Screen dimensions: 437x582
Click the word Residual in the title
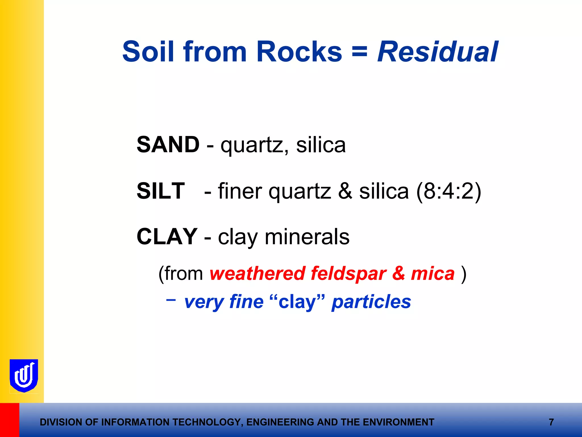[x=438, y=52]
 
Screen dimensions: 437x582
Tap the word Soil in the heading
[x=148, y=52]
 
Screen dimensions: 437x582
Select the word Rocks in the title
[x=299, y=52]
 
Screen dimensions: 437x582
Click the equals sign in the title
[x=359, y=52]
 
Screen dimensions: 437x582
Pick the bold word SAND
[x=168, y=145]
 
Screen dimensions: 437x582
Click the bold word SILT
[x=161, y=191]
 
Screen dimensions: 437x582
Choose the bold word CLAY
[x=167, y=237]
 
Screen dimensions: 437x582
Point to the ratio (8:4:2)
[x=448, y=191]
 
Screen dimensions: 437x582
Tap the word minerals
[x=307, y=237]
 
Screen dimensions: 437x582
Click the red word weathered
[x=257, y=274]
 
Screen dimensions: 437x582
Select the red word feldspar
[x=348, y=274]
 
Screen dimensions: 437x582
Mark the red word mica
[x=433, y=274]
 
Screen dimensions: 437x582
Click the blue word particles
[x=371, y=302]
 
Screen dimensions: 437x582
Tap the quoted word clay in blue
[x=297, y=302]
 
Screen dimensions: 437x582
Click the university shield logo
[x=24, y=376]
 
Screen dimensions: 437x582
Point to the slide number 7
[x=551, y=422]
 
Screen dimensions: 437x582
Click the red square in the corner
[x=9, y=420]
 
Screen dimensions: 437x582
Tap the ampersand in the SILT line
[x=345, y=191]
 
